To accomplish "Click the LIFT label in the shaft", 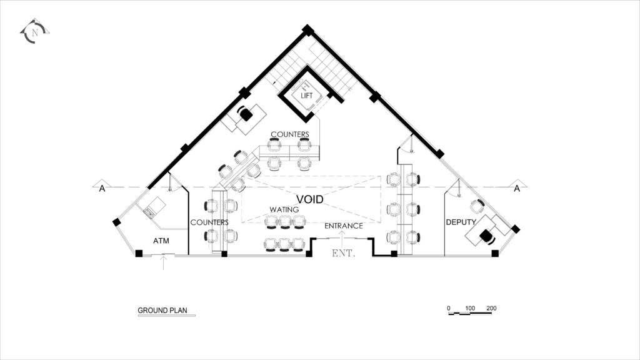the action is pos(306,96).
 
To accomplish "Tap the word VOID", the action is pos(310,199).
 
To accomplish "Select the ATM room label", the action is pos(161,241).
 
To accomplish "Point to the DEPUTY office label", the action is pos(461,222).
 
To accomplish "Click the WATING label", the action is pos(284,209).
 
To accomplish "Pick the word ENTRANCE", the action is pos(344,226).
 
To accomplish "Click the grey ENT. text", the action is pos(344,253).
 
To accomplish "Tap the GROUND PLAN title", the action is pos(162,310).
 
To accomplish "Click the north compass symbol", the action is pos(34,32).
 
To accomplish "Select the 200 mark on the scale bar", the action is pos(491,308).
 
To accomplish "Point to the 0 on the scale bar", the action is pos(449,308).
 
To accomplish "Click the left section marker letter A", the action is pos(102,188).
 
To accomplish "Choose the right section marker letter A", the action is pos(517,188).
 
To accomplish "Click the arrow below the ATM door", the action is pos(163,262).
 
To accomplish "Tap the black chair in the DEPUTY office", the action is pos(486,236).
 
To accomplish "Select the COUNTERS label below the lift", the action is pos(290,134).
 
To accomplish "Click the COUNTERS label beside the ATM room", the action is pos(209,222).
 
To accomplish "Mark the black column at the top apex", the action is pos(307,30).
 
